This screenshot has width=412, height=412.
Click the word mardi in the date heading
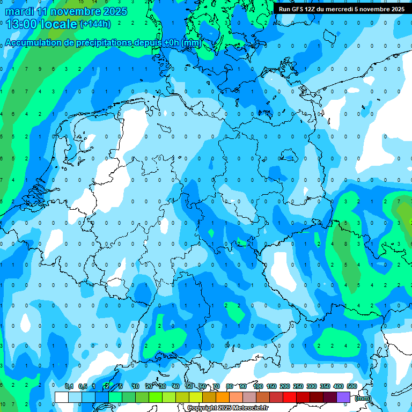19,11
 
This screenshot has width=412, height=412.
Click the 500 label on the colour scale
352,386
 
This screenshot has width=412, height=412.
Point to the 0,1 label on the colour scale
69,386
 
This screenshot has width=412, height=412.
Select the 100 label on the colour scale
258,386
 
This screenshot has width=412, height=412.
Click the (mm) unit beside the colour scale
363,398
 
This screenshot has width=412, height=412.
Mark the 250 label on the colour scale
298,386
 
